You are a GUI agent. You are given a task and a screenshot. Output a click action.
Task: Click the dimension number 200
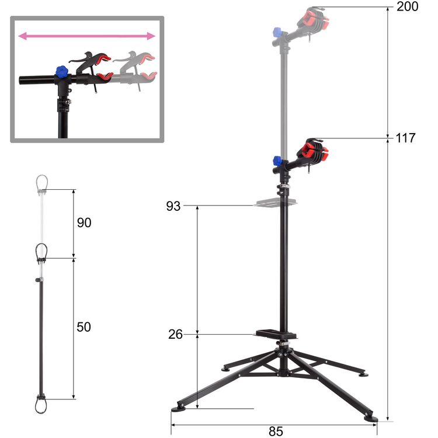(407, 6)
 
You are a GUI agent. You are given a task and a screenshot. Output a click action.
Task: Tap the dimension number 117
(406, 138)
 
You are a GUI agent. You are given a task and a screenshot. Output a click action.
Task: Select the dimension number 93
(173, 206)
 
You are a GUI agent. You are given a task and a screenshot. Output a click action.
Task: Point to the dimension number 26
(175, 334)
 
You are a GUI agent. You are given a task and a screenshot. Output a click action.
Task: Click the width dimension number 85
(276, 432)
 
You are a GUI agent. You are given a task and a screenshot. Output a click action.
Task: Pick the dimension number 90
(84, 223)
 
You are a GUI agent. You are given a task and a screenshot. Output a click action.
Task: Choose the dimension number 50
(84, 327)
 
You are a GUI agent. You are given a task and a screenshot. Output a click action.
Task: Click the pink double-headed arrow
(86, 36)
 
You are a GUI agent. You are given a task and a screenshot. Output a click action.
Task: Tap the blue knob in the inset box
(62, 72)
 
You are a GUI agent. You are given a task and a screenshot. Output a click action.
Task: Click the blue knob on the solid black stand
(277, 161)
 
